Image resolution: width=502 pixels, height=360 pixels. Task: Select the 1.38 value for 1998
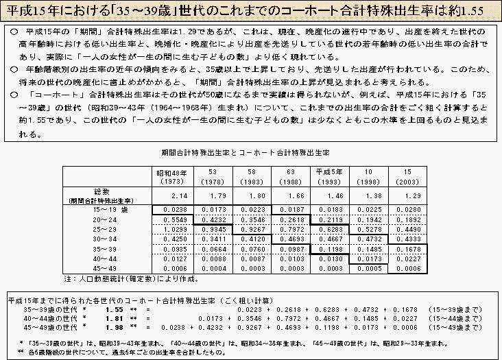point(368,195)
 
